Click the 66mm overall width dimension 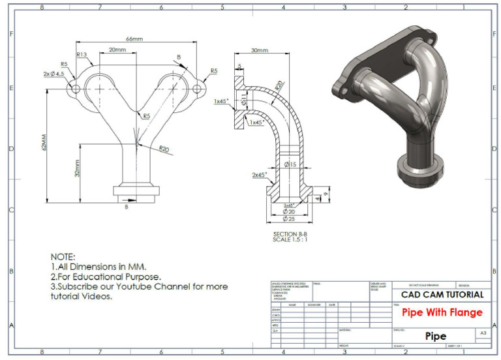coord(134,39)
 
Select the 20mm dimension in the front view coord(117,50)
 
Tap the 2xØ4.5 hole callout coord(53,74)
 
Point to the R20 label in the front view coord(164,149)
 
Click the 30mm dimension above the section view coord(258,50)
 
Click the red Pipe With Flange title coord(442,312)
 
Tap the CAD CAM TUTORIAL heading coord(442,295)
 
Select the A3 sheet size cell coord(483,333)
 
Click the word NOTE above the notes coord(63,256)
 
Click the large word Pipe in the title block coord(436,337)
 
